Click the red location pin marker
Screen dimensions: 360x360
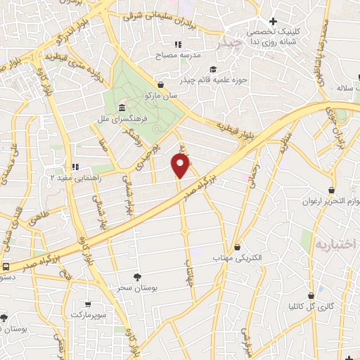[181, 166]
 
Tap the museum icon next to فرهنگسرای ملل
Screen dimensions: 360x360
[123, 108]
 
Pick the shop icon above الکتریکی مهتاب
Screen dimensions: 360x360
[238, 247]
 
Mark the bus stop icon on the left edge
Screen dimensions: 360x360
[6, 266]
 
